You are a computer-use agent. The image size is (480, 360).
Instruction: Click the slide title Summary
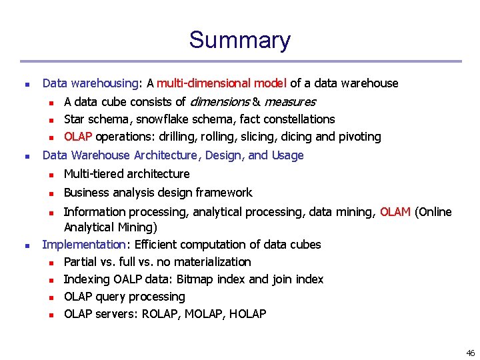239,40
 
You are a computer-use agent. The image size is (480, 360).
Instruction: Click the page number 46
471,353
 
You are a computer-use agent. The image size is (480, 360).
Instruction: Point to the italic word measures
289,101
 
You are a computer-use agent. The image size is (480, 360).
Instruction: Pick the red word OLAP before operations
78,137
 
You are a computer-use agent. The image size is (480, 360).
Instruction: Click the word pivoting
359,137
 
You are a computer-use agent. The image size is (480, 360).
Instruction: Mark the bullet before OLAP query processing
51,297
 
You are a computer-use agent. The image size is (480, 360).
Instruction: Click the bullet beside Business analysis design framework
51,193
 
